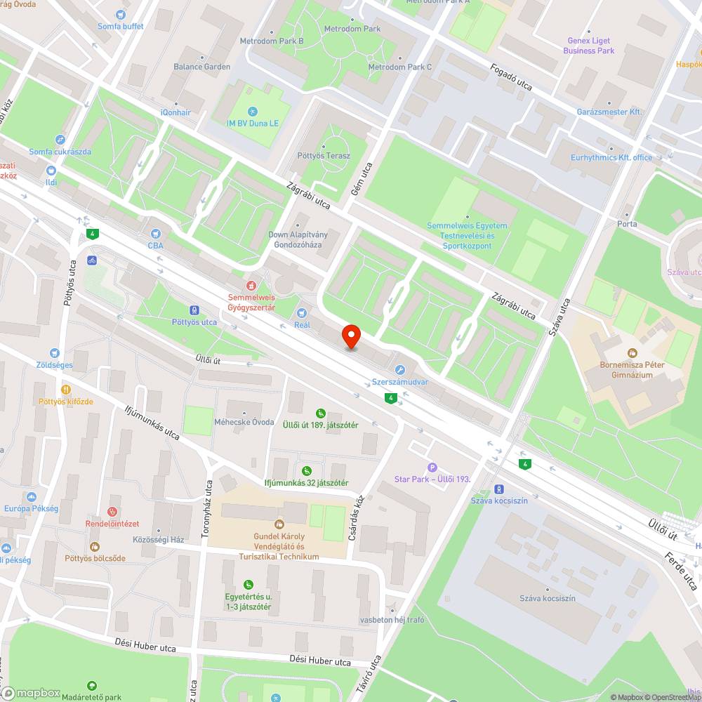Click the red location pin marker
pyautogui.click(x=351, y=337)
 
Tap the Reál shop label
pyautogui.click(x=302, y=325)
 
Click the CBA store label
pyautogui.click(x=155, y=246)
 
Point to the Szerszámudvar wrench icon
pyautogui.click(x=400, y=370)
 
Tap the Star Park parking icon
pyautogui.click(x=432, y=468)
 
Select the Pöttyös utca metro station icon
pyautogui.click(x=194, y=310)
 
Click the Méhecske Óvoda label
pyautogui.click(x=243, y=422)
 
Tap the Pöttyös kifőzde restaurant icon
pyautogui.click(x=66, y=389)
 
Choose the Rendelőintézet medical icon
pyautogui.click(x=112, y=512)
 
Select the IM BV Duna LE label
pyautogui.click(x=252, y=124)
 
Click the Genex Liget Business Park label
pyautogui.click(x=588, y=46)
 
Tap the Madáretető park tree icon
pyautogui.click(x=91, y=686)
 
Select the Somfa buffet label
pyautogui.click(x=120, y=27)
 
